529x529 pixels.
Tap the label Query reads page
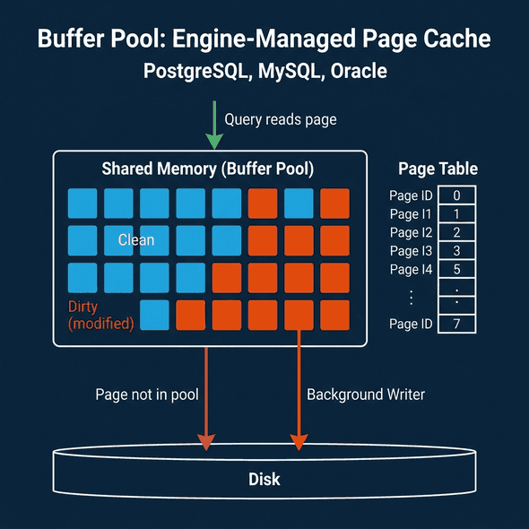(280, 118)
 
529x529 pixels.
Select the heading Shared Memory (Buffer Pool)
(208, 169)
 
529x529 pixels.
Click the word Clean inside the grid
(136, 239)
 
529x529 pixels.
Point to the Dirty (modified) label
(101, 315)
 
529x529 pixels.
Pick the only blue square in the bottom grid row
(154, 315)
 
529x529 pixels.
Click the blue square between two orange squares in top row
(299, 204)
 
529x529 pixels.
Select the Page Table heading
(438, 169)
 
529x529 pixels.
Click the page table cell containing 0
(457, 195)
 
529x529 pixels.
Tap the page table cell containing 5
(457, 270)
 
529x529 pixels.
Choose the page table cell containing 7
(457, 324)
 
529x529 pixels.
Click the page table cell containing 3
(457, 251)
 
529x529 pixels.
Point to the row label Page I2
(411, 232)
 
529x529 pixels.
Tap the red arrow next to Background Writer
(297, 395)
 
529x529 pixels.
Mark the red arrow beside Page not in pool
(206, 395)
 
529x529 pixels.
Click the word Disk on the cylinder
(264, 479)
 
